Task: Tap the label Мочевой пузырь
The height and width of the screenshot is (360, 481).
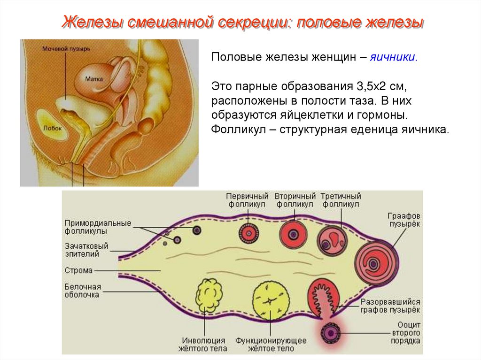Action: point(63,49)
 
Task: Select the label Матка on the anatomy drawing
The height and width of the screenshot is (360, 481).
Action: point(94,80)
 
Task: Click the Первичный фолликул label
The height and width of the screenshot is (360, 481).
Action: point(247,200)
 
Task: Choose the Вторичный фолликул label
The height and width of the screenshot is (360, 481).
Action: point(295,200)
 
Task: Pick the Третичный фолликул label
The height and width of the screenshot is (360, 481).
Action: point(341,200)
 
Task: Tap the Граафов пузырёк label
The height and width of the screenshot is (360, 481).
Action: point(403,220)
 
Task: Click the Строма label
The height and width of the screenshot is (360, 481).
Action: point(78,271)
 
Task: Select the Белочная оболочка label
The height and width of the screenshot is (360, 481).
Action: point(83,291)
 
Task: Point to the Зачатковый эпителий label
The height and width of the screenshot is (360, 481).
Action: point(86,250)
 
